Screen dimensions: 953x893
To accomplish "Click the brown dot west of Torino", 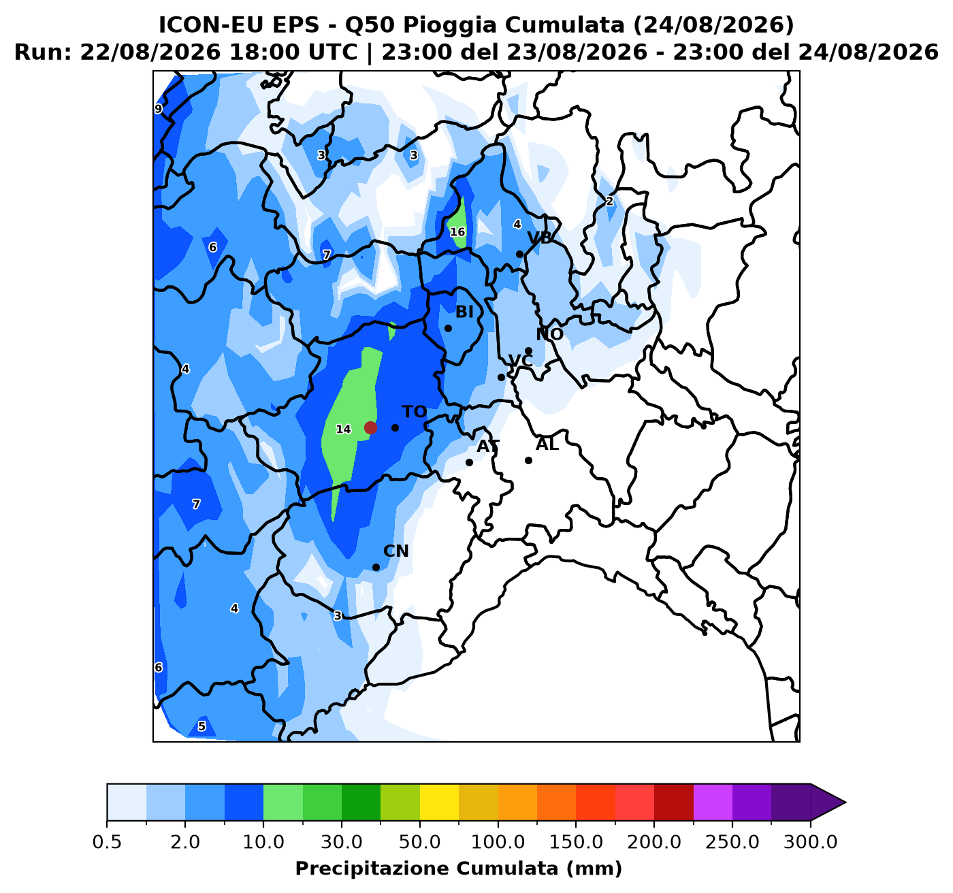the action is pyautogui.click(x=370, y=427).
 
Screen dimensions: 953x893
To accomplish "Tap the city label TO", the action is pyautogui.click(x=414, y=412).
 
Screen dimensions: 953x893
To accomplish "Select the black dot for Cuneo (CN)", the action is pyautogui.click(x=376, y=567).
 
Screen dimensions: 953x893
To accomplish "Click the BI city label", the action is pyautogui.click(x=464, y=312).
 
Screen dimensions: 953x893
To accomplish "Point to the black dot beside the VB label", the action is pyautogui.click(x=519, y=254).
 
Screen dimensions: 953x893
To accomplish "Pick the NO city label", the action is pyautogui.click(x=549, y=334).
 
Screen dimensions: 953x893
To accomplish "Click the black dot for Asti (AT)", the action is pyautogui.click(x=469, y=463).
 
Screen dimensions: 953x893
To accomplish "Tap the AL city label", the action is pyautogui.click(x=547, y=445).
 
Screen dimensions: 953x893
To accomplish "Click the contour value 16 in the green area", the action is pyautogui.click(x=457, y=232).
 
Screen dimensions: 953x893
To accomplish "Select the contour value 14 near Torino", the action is pyautogui.click(x=343, y=429).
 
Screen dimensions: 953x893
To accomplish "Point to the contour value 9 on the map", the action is pyautogui.click(x=159, y=109).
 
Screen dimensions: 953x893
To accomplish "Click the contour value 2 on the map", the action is pyautogui.click(x=609, y=201).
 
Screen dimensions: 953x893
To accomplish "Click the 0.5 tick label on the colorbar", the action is pyautogui.click(x=107, y=842).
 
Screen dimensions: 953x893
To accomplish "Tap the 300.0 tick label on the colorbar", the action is pyautogui.click(x=811, y=842).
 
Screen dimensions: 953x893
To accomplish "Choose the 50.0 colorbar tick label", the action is pyautogui.click(x=420, y=842).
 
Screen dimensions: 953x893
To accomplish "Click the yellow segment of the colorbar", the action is pyautogui.click(x=439, y=802).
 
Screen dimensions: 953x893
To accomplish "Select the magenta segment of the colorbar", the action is pyautogui.click(x=713, y=802).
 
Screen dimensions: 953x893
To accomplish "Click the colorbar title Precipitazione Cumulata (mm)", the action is pyautogui.click(x=458, y=868).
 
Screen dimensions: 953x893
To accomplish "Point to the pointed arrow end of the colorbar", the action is pyautogui.click(x=845, y=802).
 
